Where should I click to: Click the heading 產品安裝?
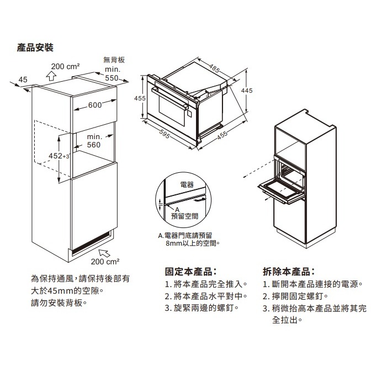(x=36, y=49)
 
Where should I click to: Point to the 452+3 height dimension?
(x=59, y=156)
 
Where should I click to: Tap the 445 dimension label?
(x=247, y=90)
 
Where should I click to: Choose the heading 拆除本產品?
(x=289, y=272)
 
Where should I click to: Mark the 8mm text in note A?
(x=173, y=242)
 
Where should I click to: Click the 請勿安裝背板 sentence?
(x=59, y=303)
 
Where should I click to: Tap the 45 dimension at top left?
(x=23, y=80)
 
